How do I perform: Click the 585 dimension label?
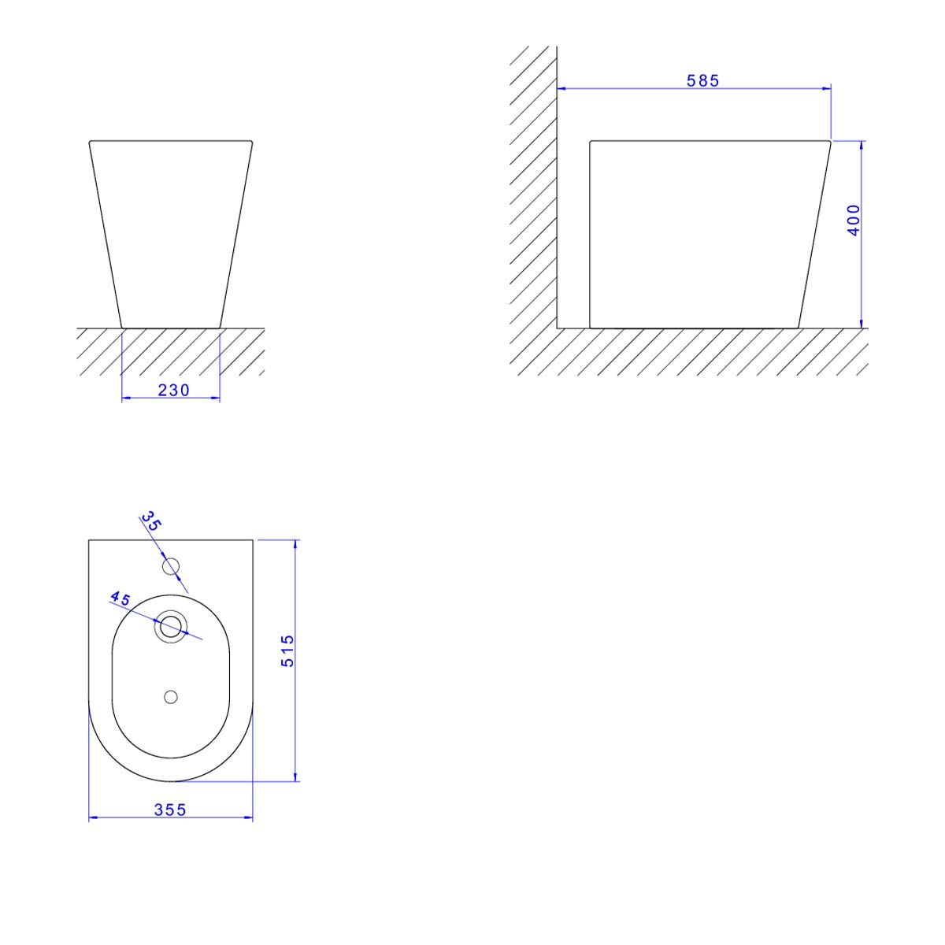pyautogui.click(x=702, y=81)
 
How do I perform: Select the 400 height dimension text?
pyautogui.click(x=854, y=220)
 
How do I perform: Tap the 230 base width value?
pyautogui.click(x=173, y=391)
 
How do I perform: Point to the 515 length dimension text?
pyautogui.click(x=287, y=650)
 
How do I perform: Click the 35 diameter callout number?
pyautogui.click(x=151, y=521)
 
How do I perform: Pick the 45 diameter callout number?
pyautogui.click(x=120, y=598)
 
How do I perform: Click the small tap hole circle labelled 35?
pyautogui.click(x=171, y=566)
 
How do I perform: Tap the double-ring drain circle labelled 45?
pyautogui.click(x=171, y=626)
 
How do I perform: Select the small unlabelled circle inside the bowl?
pyautogui.click(x=171, y=697)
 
